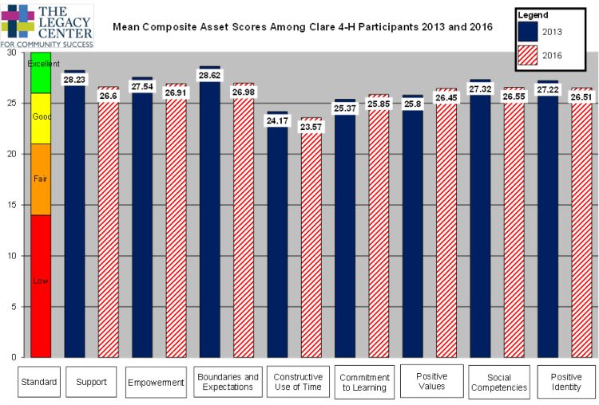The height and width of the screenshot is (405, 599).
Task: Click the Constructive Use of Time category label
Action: coord(298,382)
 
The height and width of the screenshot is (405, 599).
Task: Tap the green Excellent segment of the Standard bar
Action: coord(41,73)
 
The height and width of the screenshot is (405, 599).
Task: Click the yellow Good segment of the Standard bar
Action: coord(41,118)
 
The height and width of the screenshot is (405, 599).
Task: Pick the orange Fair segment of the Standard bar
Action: coord(41,179)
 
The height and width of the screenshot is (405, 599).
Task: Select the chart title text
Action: coord(303,27)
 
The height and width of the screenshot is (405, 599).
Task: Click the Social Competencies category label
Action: coord(498,382)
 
